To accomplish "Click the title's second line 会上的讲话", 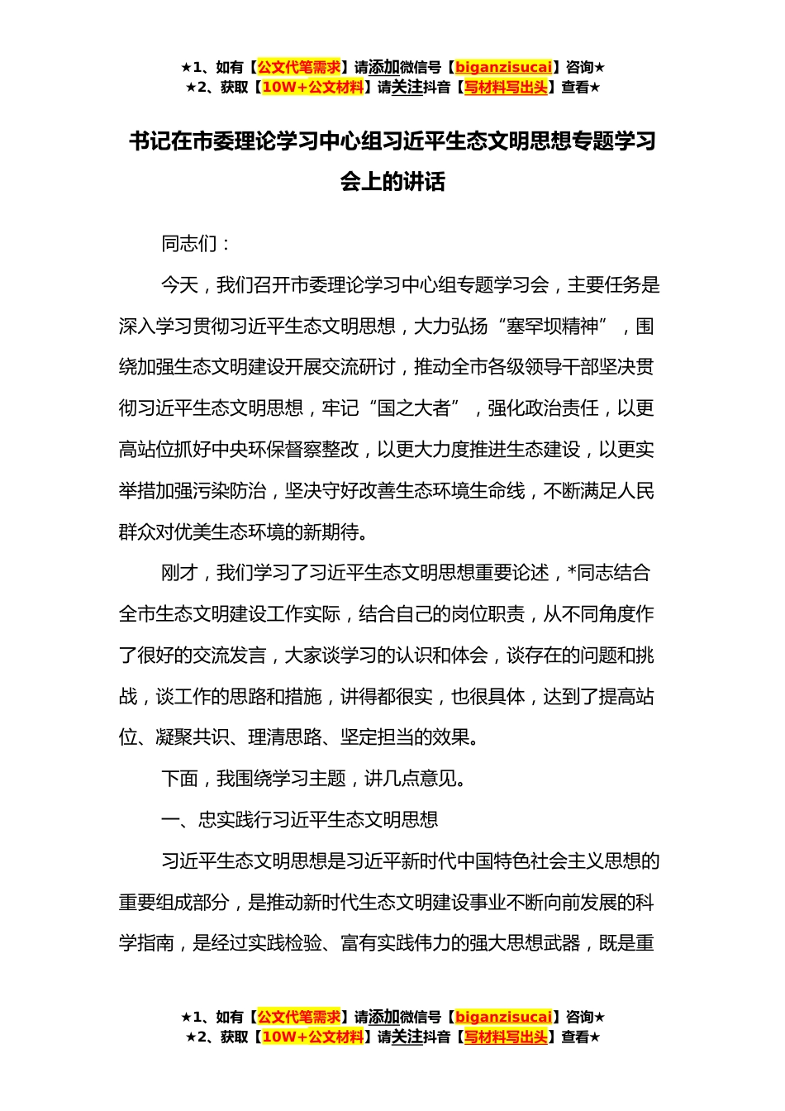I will pos(392,182).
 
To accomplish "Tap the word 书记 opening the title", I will pos(150,141).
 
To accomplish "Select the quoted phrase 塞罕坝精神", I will pos(553,327).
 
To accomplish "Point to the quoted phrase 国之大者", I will pos(414,408).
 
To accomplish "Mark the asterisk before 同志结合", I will pos(572,573).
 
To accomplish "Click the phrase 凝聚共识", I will pos(193,737).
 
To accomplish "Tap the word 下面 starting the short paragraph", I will pos(179,779).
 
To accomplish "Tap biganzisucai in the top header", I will pos(503,68).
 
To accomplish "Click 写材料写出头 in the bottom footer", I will pos(506,1037).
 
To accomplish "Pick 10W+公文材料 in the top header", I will pos(312,88).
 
